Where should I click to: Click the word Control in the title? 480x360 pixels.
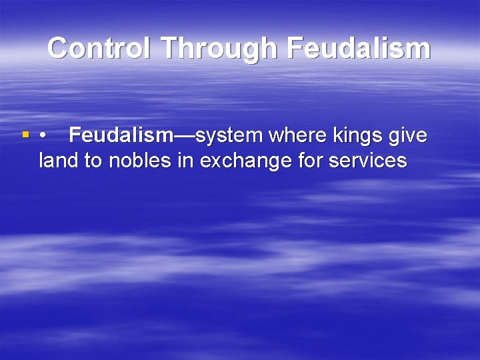99,48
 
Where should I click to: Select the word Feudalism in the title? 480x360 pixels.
357,48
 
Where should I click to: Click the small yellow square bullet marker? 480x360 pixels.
26,135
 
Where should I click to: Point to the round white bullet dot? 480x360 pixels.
43,136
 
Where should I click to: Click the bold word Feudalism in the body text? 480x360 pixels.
121,135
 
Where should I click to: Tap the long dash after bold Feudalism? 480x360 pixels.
185,136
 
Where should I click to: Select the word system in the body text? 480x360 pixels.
229,135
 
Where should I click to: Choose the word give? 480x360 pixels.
407,135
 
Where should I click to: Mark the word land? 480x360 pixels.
58,161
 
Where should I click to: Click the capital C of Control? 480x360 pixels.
59,48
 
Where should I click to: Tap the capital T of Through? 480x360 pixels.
169,48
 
